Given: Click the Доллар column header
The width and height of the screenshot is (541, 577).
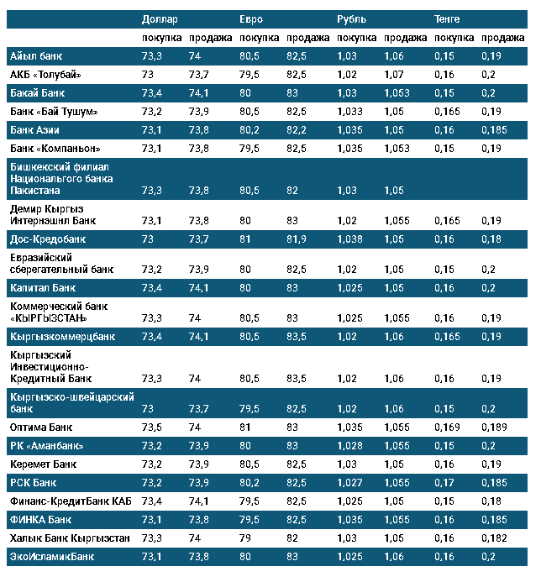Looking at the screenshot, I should pyautogui.click(x=160, y=19).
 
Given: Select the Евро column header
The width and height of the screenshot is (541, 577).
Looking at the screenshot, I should pyautogui.click(x=251, y=19).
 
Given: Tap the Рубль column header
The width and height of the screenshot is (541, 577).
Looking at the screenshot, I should pyautogui.click(x=351, y=19).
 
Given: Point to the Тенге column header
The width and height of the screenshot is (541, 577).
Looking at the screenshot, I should pyautogui.click(x=447, y=19).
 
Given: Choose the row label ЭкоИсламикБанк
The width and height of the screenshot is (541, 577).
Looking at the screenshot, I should pyautogui.click(x=52, y=556).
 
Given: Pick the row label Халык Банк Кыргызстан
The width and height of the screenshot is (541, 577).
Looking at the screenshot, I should pyautogui.click(x=70, y=538).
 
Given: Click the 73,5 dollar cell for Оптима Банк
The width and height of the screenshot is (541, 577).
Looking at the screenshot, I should pyautogui.click(x=152, y=427).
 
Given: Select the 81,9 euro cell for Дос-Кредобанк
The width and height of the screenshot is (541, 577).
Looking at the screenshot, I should pyautogui.click(x=297, y=239).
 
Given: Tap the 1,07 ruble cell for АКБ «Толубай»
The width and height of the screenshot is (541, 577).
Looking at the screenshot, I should pyautogui.click(x=393, y=75).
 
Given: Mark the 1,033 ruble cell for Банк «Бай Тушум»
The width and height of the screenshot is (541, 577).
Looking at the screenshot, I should pyautogui.click(x=349, y=112).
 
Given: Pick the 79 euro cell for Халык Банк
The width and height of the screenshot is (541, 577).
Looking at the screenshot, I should pyautogui.click(x=245, y=538).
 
